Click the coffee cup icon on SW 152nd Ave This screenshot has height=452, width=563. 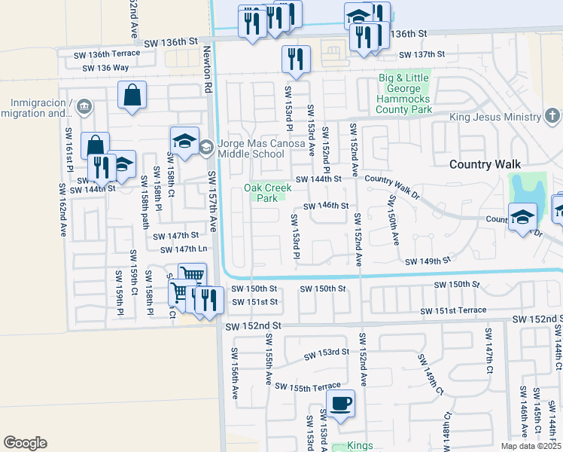[340, 403]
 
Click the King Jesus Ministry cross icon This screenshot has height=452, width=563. [552, 116]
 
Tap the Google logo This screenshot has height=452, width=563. [26, 442]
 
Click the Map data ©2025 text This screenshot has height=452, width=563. [531, 446]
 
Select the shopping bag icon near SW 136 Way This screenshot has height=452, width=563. [132, 96]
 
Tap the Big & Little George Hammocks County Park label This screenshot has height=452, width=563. [405, 93]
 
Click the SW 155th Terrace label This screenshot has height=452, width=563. [307, 386]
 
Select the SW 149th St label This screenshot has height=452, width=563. [427, 261]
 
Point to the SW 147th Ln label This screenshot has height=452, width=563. [182, 249]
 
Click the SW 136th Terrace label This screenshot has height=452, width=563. [107, 53]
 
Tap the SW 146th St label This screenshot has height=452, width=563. [326, 206]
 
